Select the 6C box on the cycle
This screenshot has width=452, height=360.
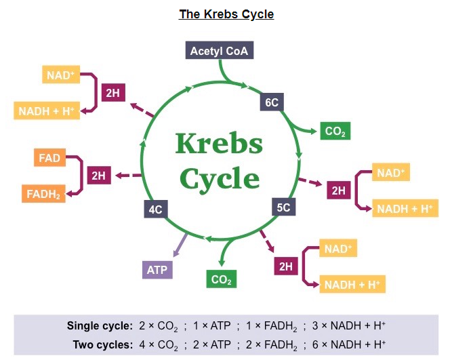point(272,102)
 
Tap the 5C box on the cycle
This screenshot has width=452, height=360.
point(283,207)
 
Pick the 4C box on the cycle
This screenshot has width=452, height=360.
point(155,209)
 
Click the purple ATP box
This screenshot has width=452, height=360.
point(157,270)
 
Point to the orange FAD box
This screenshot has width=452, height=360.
point(49,159)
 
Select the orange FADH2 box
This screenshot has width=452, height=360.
point(44,195)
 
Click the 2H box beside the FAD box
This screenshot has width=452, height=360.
point(99,176)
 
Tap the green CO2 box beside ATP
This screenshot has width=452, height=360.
point(222,279)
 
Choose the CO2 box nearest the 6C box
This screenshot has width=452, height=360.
point(335,132)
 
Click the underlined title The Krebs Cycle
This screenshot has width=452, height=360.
point(226,14)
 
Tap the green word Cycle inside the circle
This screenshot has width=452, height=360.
point(218,178)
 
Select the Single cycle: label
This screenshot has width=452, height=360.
point(100,325)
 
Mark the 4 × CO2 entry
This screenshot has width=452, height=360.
point(159,344)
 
